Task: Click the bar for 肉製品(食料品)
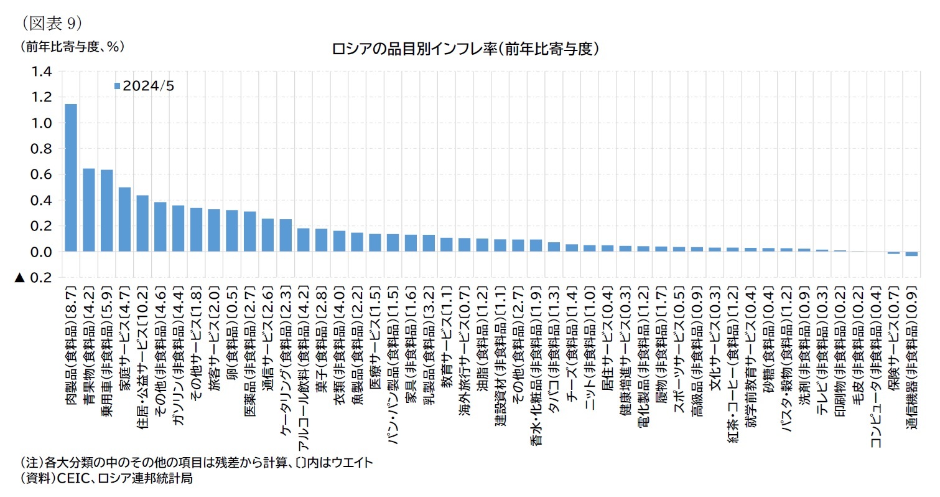(x=71, y=177)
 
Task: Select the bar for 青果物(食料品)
(x=89, y=210)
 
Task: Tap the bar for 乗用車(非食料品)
(x=106, y=211)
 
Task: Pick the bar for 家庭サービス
(x=124, y=219)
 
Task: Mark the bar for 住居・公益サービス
(x=142, y=224)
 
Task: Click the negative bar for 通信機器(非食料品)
(x=911, y=253)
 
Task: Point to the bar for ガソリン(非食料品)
(x=178, y=229)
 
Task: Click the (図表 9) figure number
(x=52, y=23)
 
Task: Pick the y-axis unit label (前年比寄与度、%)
(x=72, y=47)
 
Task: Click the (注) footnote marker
(x=31, y=463)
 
